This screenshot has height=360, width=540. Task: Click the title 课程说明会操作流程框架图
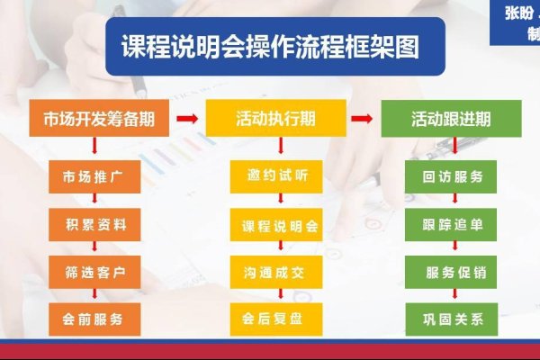(x=270, y=47)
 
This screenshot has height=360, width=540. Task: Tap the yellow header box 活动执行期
(x=275, y=118)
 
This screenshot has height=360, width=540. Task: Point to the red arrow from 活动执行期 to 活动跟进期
(x=362, y=118)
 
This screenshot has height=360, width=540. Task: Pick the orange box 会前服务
(x=94, y=317)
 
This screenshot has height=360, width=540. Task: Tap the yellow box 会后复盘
(x=275, y=317)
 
